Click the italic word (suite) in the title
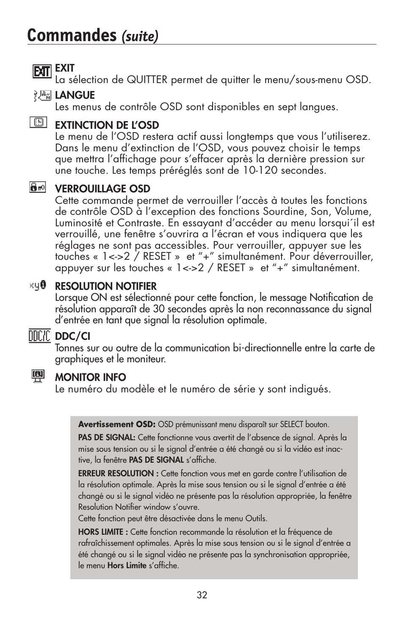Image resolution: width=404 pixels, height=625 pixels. click(x=140, y=37)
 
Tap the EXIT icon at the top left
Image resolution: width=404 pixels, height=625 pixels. click(x=42, y=72)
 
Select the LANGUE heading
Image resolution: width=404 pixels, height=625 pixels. click(x=75, y=95)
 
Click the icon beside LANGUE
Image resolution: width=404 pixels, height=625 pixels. click(x=42, y=96)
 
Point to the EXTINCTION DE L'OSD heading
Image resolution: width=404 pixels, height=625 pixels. click(x=107, y=125)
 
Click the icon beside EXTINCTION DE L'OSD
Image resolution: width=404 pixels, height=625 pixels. click(x=38, y=122)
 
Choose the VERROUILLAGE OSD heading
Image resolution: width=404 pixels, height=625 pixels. click(x=102, y=189)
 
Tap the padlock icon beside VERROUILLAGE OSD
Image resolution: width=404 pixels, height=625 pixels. click(x=38, y=187)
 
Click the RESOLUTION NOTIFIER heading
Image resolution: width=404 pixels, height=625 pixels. click(x=105, y=286)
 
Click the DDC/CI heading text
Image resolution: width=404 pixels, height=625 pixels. click(x=72, y=336)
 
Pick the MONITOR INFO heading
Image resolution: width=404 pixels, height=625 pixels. click(x=90, y=378)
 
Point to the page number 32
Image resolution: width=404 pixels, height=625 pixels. click(x=202, y=595)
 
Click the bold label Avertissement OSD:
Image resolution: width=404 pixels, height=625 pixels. click(x=117, y=425)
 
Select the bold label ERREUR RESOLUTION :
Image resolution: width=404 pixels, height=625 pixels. click(x=118, y=474)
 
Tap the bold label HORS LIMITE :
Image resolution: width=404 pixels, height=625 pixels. click(x=103, y=532)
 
